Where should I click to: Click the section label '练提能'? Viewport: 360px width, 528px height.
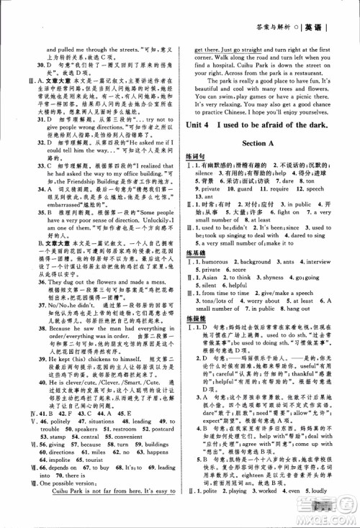pyautogui.click(x=207, y=356)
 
